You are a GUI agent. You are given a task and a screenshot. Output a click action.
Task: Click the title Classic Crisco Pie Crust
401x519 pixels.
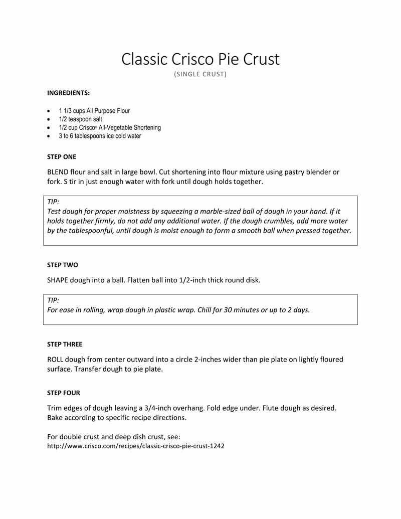click(200, 59)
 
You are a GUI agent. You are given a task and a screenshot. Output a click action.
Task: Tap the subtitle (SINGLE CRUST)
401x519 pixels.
click(200, 75)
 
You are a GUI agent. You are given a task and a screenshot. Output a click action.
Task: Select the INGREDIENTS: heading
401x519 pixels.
click(69, 93)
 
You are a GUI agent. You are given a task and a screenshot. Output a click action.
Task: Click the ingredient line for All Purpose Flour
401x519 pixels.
click(94, 111)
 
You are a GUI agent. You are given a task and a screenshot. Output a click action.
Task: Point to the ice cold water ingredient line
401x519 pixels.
click(100, 136)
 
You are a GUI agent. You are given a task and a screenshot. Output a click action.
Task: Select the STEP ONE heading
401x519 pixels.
click(62, 157)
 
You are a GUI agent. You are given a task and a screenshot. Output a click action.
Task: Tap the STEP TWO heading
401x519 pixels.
click(62, 264)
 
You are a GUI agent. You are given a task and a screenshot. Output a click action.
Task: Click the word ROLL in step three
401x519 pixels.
click(56, 359)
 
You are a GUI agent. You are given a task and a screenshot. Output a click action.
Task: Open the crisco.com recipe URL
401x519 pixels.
click(135, 446)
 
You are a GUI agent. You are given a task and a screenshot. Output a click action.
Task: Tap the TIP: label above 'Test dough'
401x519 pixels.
click(53, 202)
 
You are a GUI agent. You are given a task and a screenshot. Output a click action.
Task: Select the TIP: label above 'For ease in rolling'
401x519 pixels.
click(53, 300)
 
